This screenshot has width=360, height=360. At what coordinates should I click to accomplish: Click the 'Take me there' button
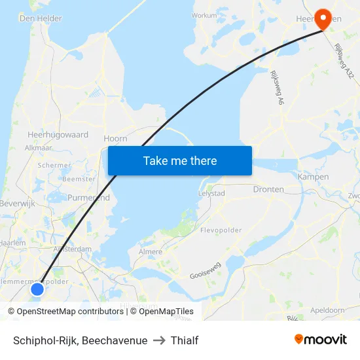click(180, 160)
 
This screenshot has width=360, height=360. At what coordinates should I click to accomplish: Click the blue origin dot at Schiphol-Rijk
click(37, 289)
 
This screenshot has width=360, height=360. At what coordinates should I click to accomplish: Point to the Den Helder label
click(41, 19)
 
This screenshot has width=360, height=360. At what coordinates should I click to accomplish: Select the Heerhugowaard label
click(58, 134)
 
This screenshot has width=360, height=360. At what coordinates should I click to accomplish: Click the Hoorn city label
click(115, 139)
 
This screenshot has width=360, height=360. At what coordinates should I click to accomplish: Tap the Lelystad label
click(211, 194)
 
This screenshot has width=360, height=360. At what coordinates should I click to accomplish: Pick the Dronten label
click(268, 189)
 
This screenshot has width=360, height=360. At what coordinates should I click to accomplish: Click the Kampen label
click(313, 177)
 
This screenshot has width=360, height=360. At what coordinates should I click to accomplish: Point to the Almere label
click(151, 251)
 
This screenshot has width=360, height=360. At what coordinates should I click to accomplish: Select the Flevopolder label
click(221, 230)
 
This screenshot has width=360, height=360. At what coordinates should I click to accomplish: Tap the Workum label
click(204, 15)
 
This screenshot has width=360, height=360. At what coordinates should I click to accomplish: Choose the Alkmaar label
click(38, 148)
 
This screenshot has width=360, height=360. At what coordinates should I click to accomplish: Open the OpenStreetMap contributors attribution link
click(66, 312)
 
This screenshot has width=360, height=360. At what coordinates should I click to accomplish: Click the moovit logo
click(320, 340)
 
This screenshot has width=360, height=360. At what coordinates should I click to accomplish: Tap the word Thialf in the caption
click(185, 340)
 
